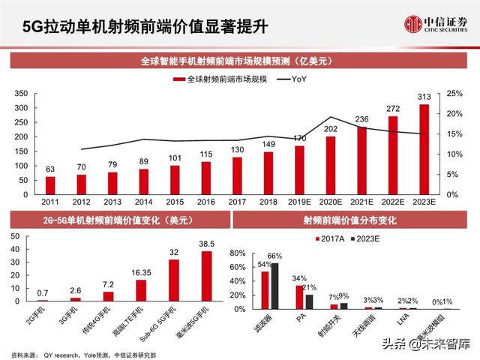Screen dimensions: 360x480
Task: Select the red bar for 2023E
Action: click(x=424, y=149)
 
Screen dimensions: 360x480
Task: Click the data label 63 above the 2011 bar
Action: click(x=50, y=169)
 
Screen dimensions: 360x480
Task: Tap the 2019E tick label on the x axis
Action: click(x=300, y=202)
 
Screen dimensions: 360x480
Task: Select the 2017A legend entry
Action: click(x=332, y=238)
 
